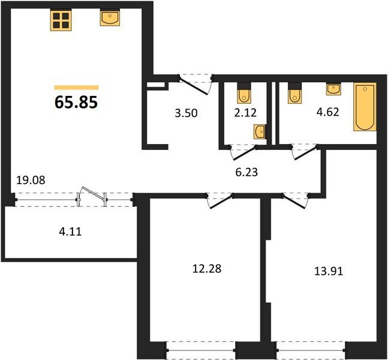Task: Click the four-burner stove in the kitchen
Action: [61, 20]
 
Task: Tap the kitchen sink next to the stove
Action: [110, 17]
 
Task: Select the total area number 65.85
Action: [76, 102]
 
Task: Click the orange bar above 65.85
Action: [77, 87]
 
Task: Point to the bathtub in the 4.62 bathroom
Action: [365, 107]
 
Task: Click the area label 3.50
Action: [186, 113]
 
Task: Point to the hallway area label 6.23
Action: [246, 172]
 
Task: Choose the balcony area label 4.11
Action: [70, 232]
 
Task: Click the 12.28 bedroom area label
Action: [207, 269]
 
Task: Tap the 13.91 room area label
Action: [329, 271]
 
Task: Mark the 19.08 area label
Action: [31, 180]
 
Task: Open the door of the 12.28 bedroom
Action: [220, 201]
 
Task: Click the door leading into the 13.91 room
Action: [296, 201]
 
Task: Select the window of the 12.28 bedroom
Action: [201, 350]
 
